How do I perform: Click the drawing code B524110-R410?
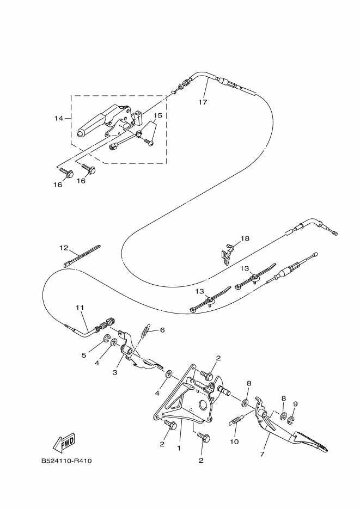pyautogui.click(x=66, y=461)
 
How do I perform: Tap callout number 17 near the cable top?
pyautogui.click(x=202, y=102)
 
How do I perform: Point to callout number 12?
pyautogui.click(x=64, y=248)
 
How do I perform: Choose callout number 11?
pyautogui.click(x=80, y=308)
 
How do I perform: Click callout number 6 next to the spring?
pyautogui.click(x=162, y=330)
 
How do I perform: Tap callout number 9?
pyautogui.click(x=296, y=404)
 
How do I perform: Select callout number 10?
pyautogui.click(x=234, y=441)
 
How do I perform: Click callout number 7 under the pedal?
pyautogui.click(x=263, y=453)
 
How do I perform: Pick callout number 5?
pyautogui.click(x=84, y=355)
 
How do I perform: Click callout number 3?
pyautogui.click(x=115, y=372)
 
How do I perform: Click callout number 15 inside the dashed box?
pyautogui.click(x=157, y=116)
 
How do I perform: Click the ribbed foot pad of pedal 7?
pyautogui.click(x=310, y=441)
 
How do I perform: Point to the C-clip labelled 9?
pyautogui.click(x=291, y=420)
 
